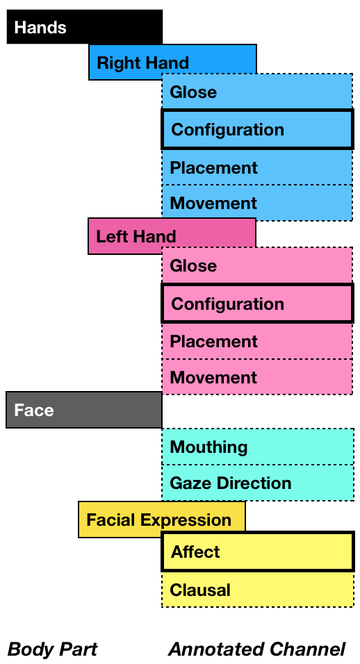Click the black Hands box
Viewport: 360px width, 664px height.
[85, 26]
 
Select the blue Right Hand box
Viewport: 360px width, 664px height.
[172, 62]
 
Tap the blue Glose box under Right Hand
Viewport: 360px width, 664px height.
[257, 91]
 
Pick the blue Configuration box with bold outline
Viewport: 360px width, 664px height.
[258, 130]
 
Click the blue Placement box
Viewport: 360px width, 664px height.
[257, 167]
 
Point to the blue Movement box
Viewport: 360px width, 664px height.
[257, 203]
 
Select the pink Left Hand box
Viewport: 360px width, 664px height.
[172, 236]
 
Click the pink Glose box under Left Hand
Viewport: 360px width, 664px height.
[257, 265]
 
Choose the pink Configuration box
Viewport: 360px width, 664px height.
[258, 304]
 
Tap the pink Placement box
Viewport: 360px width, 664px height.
[257, 341]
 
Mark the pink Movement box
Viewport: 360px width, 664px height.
[257, 377]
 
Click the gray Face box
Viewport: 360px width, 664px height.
[84, 410]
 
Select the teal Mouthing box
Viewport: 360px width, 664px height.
[258, 447]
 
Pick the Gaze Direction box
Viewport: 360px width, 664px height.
[258, 483]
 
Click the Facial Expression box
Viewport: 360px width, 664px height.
[162, 520]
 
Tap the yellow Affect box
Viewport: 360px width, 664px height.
[258, 551]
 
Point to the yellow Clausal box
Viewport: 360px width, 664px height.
[258, 590]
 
